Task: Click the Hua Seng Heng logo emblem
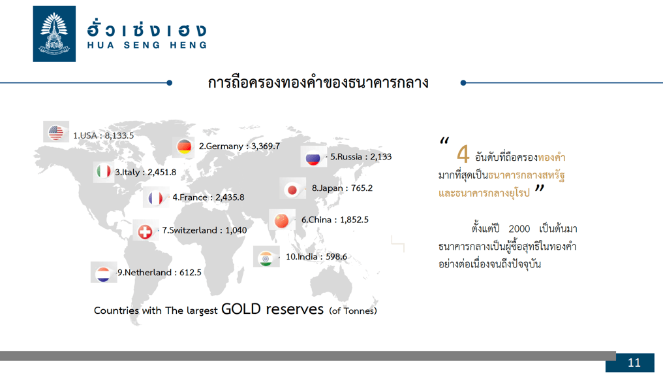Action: coord(54,34)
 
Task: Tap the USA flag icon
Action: coord(56,133)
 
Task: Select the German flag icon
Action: coord(185,146)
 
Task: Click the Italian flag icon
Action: coord(103,171)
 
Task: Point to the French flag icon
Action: coord(155,198)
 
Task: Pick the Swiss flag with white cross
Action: coord(145,231)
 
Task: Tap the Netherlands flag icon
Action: coord(102,274)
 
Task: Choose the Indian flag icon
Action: coord(266,258)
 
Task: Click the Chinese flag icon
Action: coord(281,220)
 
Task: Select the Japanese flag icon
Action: coord(292,190)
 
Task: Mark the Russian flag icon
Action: coord(313,158)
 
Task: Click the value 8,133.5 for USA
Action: coord(119,135)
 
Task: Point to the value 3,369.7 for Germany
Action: coord(266,146)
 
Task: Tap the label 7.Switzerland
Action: coord(189,230)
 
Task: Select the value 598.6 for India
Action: coord(336,257)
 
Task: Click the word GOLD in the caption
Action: coord(241,309)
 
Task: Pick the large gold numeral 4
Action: coord(463,154)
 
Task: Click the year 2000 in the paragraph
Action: coord(519,229)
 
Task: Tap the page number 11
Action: coord(634,363)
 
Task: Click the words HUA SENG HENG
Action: coord(147,45)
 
